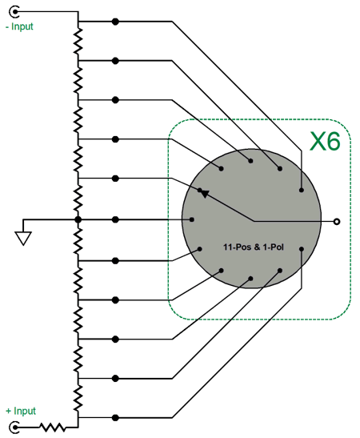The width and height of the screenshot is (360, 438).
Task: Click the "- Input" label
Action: point(19,26)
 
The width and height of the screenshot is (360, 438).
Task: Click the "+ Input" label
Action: point(21,411)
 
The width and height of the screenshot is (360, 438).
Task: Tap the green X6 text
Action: point(325,142)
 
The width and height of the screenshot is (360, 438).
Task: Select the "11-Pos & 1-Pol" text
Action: point(254,247)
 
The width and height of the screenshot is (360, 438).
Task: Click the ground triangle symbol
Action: point(23,239)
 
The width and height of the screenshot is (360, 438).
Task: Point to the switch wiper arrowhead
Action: point(205,193)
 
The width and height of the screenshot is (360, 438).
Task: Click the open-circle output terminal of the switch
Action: point(337,222)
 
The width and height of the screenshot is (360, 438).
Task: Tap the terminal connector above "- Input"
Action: point(14,12)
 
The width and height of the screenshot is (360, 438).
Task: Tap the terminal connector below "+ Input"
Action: point(14,428)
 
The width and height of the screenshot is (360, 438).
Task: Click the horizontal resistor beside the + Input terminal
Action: point(53,427)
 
